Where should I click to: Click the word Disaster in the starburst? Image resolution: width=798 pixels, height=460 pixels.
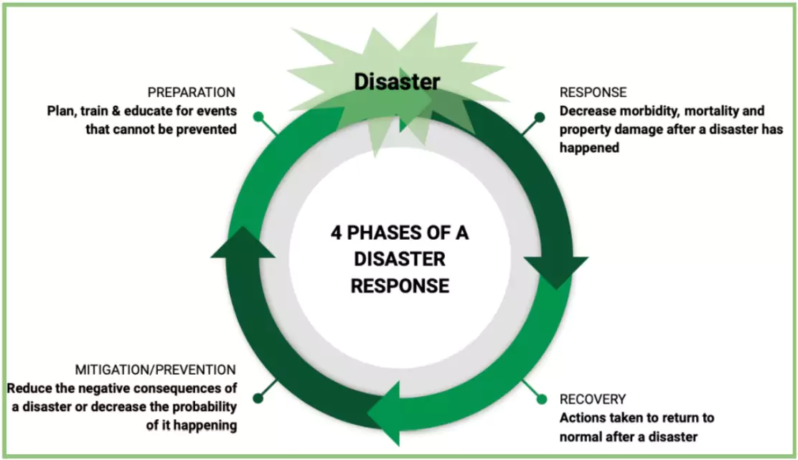[397, 82]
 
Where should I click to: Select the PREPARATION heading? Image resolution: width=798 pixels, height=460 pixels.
[191, 93]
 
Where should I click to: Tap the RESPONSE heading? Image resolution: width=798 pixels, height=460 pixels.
[593, 93]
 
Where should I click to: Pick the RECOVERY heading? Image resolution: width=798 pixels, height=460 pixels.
[593, 399]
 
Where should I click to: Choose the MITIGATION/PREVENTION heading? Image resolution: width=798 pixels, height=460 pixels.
[155, 370]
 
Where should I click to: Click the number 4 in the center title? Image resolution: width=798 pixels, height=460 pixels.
[337, 233]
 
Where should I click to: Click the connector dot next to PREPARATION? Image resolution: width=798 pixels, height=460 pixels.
[258, 116]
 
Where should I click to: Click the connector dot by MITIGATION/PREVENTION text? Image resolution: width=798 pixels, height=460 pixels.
[257, 396]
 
